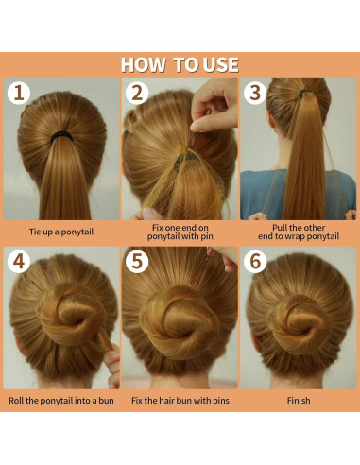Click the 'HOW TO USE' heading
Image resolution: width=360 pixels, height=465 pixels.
tap(180, 65)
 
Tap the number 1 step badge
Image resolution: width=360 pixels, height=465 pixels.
tap(19, 93)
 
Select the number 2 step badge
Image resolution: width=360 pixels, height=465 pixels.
tap(137, 93)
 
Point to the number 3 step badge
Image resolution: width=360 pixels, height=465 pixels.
tap(255, 93)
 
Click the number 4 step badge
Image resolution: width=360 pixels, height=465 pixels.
tap(19, 262)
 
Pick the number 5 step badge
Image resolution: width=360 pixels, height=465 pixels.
tap(137, 262)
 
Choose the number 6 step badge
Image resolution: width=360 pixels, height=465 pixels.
tap(255, 262)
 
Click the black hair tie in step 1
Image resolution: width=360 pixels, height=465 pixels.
tap(61, 136)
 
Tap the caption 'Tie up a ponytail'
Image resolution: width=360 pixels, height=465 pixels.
tap(61, 232)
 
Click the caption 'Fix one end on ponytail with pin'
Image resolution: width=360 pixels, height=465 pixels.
tap(180, 232)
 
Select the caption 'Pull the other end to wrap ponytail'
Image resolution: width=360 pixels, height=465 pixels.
tap(299, 232)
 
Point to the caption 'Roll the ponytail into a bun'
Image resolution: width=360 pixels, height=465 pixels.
tap(61, 401)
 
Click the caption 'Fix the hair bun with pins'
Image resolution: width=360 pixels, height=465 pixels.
tap(180, 401)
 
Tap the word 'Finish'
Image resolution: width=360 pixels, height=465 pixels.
tap(299, 401)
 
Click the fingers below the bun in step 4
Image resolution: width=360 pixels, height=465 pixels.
tap(112, 366)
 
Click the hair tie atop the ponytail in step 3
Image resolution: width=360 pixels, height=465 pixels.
tap(305, 92)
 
